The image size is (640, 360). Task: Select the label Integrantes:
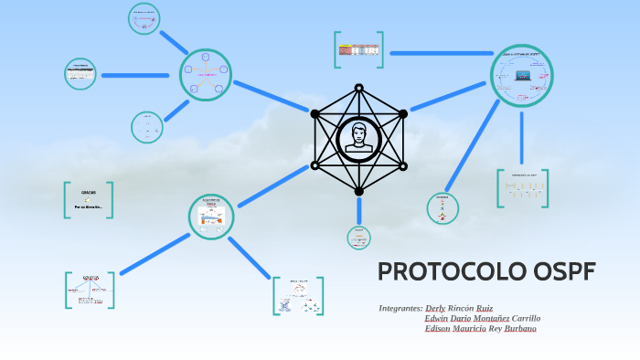click(400, 309)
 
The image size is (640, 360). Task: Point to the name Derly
click(436, 309)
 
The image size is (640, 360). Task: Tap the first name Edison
click(438, 329)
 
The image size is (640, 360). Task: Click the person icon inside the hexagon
click(357, 140)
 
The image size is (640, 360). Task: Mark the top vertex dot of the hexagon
click(358, 88)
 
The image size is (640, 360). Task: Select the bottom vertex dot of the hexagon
click(358, 192)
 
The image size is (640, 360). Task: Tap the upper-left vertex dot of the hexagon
click(315, 114)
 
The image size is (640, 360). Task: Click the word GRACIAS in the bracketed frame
click(89, 193)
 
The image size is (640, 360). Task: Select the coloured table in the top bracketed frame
click(358, 49)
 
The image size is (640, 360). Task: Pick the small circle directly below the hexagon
click(358, 238)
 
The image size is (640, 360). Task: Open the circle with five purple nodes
click(206, 75)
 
